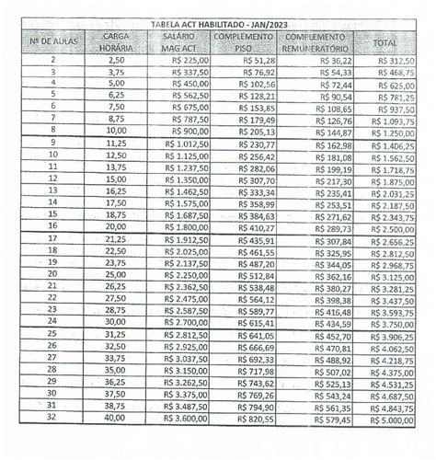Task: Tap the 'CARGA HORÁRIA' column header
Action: [116, 40]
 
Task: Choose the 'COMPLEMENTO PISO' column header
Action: [243, 41]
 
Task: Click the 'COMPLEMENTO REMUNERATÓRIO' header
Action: [315, 41]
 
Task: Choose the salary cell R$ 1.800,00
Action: [177, 227]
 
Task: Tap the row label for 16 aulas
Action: [52, 227]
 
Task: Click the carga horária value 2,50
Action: [116, 59]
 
